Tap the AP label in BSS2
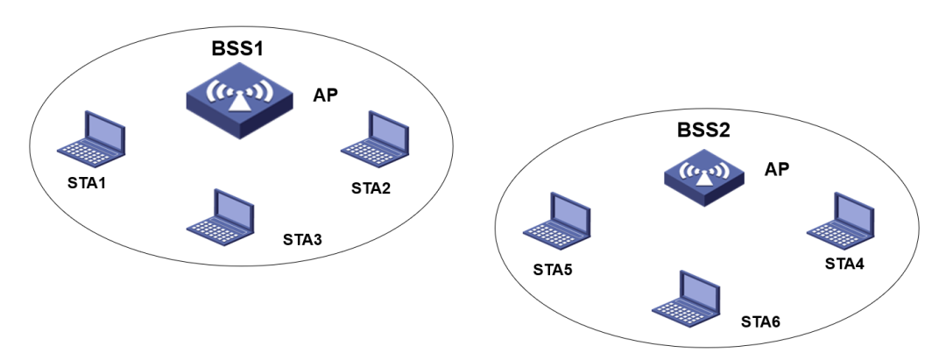point(777,169)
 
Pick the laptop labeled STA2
point(375,139)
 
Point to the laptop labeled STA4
point(840,219)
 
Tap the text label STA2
point(371,187)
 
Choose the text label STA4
point(845,264)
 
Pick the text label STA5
point(553,268)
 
